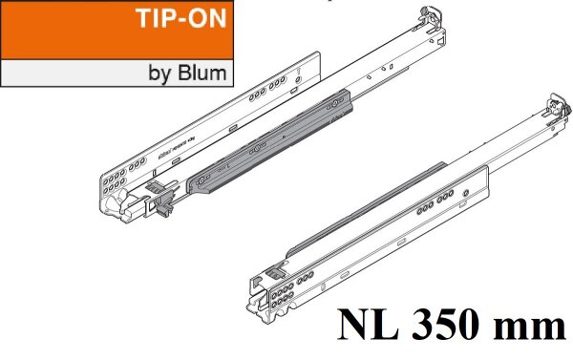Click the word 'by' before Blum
(x=162, y=73)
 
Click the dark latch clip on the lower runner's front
(x=276, y=270)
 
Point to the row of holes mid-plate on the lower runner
(x=445, y=201)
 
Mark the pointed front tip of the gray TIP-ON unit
(x=191, y=187)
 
